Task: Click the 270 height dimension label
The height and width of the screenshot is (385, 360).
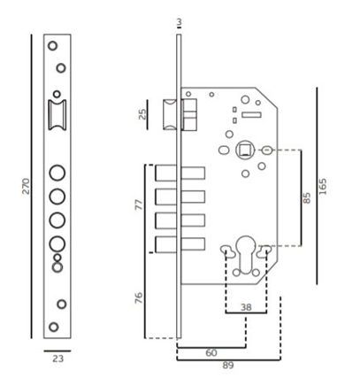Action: pos(27,186)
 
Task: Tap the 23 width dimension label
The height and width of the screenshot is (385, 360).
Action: pos(58,358)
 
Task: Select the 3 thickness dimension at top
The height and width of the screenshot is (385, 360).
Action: pos(180,22)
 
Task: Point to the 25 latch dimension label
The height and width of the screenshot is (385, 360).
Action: pos(142,114)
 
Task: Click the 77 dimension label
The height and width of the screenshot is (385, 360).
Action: pos(139,204)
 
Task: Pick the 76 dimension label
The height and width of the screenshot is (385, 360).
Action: pos(139,297)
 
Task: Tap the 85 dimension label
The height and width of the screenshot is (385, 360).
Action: pos(307,197)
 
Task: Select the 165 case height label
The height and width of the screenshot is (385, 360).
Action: pos(323,187)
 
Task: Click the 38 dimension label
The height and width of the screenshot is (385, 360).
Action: pos(246,307)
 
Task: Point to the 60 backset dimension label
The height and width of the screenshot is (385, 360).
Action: pos(211,353)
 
